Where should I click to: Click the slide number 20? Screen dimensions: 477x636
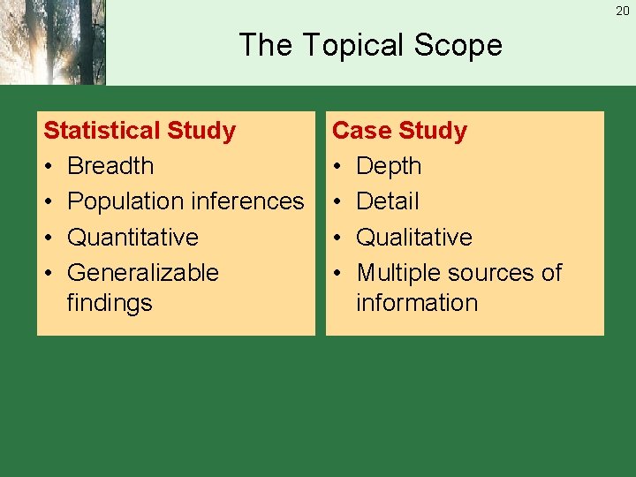click(623, 11)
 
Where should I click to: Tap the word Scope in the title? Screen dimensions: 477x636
click(460, 45)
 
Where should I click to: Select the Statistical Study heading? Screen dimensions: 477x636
click(140, 131)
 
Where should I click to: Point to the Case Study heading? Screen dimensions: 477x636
click(399, 131)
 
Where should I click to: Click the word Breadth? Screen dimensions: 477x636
click(110, 166)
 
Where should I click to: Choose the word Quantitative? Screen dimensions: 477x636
click(132, 237)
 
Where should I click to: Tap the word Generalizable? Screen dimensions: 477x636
click(142, 272)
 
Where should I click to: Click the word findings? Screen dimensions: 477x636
click(110, 302)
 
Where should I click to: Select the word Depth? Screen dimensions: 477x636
click(389, 166)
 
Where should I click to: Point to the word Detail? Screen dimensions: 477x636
click(387, 201)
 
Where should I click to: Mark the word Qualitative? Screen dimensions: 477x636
click(413, 237)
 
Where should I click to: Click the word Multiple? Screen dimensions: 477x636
click(398, 272)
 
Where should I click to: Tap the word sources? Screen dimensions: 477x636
click(494, 272)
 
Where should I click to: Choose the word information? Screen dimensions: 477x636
click(417, 302)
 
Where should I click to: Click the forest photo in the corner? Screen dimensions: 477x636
click(52, 42)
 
